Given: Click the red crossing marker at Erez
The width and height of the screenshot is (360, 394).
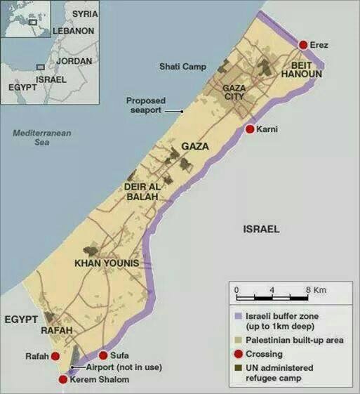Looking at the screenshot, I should click(x=303, y=45).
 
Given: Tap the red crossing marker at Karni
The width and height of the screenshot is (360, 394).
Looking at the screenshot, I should click(x=249, y=129).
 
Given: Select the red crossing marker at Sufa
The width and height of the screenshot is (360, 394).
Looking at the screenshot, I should click(x=104, y=355).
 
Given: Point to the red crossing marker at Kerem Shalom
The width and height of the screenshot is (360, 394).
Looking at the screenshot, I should click(x=63, y=379).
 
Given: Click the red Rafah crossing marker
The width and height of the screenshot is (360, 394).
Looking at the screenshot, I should click(x=56, y=356).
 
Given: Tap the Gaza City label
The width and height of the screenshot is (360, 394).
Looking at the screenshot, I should click(x=236, y=92).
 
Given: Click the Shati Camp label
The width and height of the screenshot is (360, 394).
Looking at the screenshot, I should click(x=182, y=67).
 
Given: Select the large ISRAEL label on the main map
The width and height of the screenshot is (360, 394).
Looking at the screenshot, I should click(x=261, y=229).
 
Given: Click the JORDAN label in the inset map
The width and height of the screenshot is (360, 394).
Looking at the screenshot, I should click(x=74, y=61).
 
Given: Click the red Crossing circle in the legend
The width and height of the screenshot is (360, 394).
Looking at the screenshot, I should click(x=238, y=354).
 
